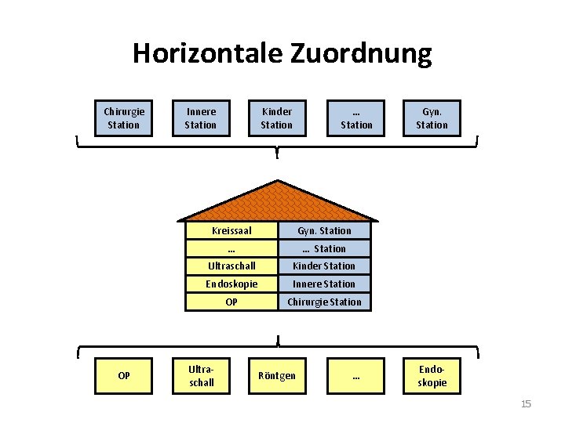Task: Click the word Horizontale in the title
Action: (x=207, y=53)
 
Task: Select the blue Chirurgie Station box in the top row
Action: (x=124, y=118)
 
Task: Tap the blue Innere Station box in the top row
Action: (x=201, y=118)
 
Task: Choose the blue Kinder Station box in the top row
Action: (x=277, y=118)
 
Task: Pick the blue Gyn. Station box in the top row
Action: (x=432, y=118)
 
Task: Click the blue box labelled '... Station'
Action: (x=356, y=118)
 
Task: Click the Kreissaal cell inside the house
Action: (x=231, y=230)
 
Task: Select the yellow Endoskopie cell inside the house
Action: (x=231, y=284)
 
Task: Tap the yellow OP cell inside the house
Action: (x=231, y=302)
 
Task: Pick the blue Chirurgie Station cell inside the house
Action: (x=324, y=302)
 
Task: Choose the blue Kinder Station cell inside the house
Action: (x=324, y=266)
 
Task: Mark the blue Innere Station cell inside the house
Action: (x=324, y=284)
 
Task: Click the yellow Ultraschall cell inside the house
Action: (x=231, y=266)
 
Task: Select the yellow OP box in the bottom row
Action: (x=124, y=376)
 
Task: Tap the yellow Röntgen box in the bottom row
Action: (x=277, y=376)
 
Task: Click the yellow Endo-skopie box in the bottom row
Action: (x=432, y=376)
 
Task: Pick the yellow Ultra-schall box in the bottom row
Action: (x=201, y=376)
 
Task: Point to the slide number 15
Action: (x=526, y=404)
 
